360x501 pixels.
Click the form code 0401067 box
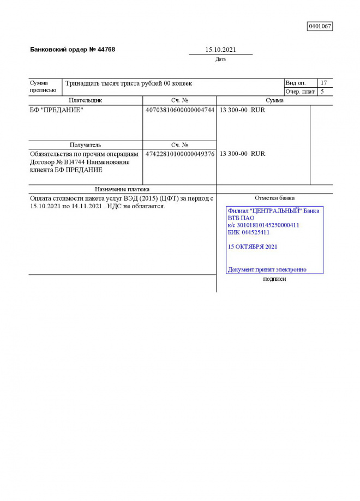pyautogui.click(x=320, y=26)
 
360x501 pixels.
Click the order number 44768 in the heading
pyautogui.click(x=106, y=50)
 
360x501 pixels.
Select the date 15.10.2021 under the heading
pyautogui.click(x=220, y=50)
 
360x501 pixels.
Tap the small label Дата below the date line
pyautogui.click(x=220, y=59)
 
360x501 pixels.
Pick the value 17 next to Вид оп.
pyautogui.click(x=324, y=83)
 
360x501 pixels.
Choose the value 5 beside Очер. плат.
pyautogui.click(x=322, y=92)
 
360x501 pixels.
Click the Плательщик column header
pyautogui.click(x=85, y=100)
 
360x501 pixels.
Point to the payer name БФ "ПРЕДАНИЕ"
pyautogui.click(x=56, y=110)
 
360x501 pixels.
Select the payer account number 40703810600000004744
pyautogui.click(x=179, y=110)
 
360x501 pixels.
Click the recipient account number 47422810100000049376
pyautogui.click(x=179, y=154)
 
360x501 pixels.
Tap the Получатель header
pyautogui.click(x=85, y=145)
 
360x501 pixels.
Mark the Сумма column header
pyautogui.click(x=274, y=100)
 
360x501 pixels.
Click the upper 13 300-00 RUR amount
pyautogui.click(x=242, y=110)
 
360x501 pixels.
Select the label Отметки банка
pyautogui.click(x=274, y=198)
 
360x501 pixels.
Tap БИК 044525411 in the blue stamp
pyautogui.click(x=248, y=232)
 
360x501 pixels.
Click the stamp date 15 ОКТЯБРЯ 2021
pyautogui.click(x=252, y=246)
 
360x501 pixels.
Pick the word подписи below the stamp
pyautogui.click(x=274, y=279)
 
